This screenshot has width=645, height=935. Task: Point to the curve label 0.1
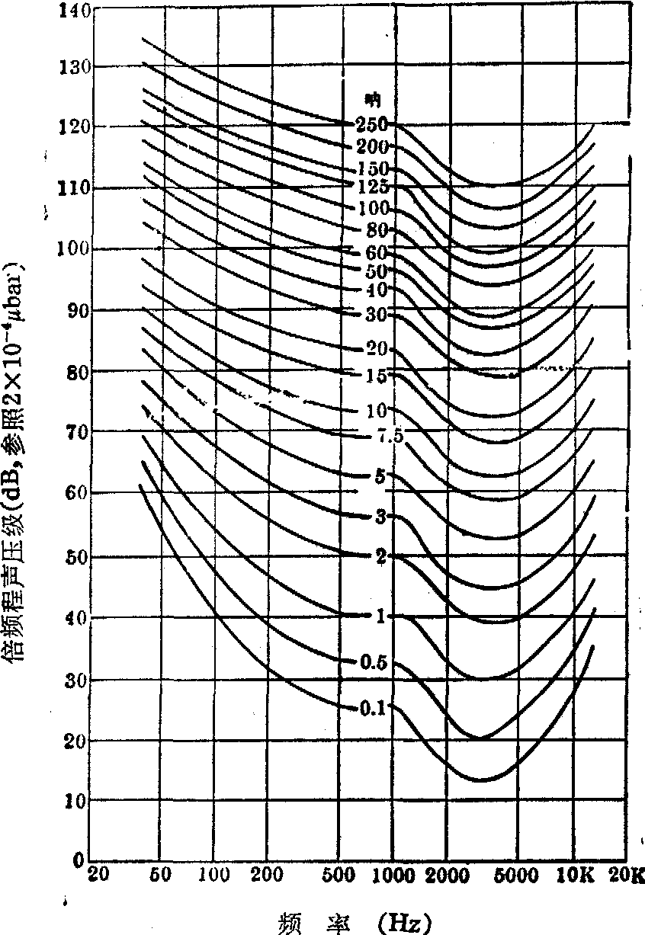click(372, 708)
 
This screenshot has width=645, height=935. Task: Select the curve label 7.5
click(389, 435)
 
